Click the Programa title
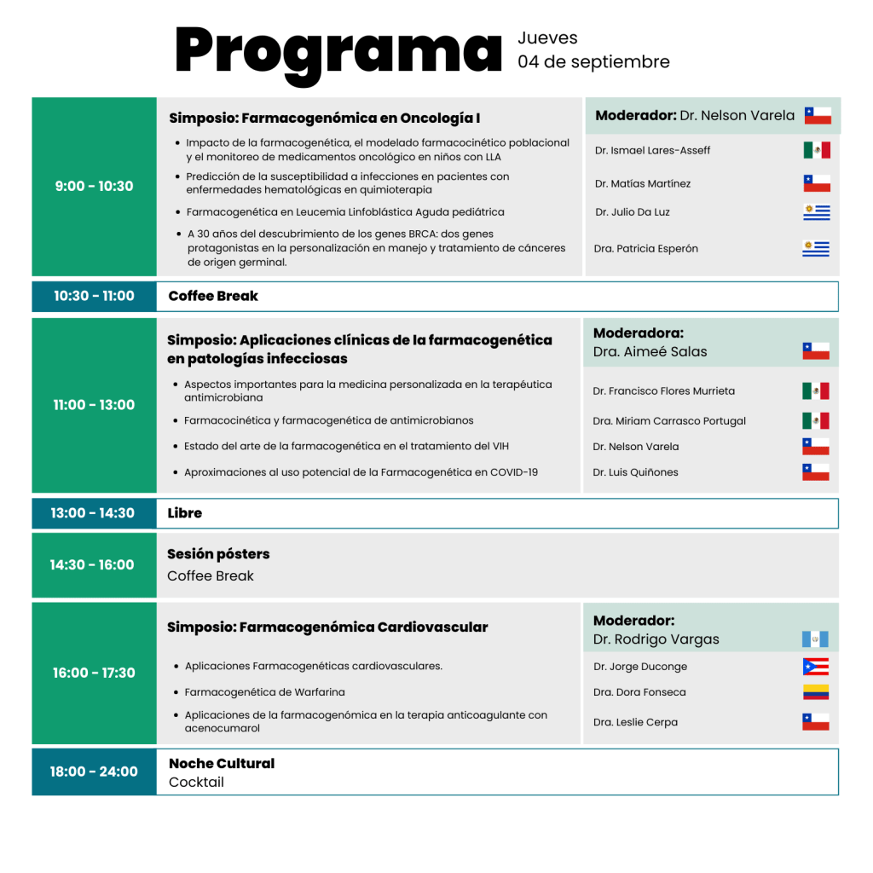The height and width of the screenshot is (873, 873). click(x=338, y=51)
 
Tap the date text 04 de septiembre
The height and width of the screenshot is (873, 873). click(x=593, y=62)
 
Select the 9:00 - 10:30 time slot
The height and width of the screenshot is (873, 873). click(x=94, y=186)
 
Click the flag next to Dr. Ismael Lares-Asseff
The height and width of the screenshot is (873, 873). click(x=816, y=150)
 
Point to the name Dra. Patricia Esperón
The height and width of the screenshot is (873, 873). click(x=645, y=249)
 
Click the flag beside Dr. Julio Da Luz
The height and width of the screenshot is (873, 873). click(x=816, y=212)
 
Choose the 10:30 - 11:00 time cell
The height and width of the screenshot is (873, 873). click(x=94, y=296)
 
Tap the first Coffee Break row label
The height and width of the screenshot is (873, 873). click(x=213, y=296)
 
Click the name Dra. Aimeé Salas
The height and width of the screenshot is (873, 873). click(x=650, y=351)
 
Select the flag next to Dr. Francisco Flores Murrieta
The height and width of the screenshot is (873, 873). click(x=815, y=391)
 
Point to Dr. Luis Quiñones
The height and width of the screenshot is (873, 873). click(x=635, y=472)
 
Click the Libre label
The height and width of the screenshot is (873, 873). click(x=185, y=513)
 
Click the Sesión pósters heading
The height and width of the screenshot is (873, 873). click(x=218, y=554)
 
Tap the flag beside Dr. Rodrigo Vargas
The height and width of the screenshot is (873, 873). click(x=815, y=639)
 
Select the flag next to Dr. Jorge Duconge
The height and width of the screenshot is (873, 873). click(x=815, y=667)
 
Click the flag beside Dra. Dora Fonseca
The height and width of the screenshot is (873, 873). click(x=815, y=692)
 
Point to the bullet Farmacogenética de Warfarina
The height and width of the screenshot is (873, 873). click(x=264, y=692)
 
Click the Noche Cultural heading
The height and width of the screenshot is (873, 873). click(x=222, y=763)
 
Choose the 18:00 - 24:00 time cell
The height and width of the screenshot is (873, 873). click(x=94, y=772)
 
